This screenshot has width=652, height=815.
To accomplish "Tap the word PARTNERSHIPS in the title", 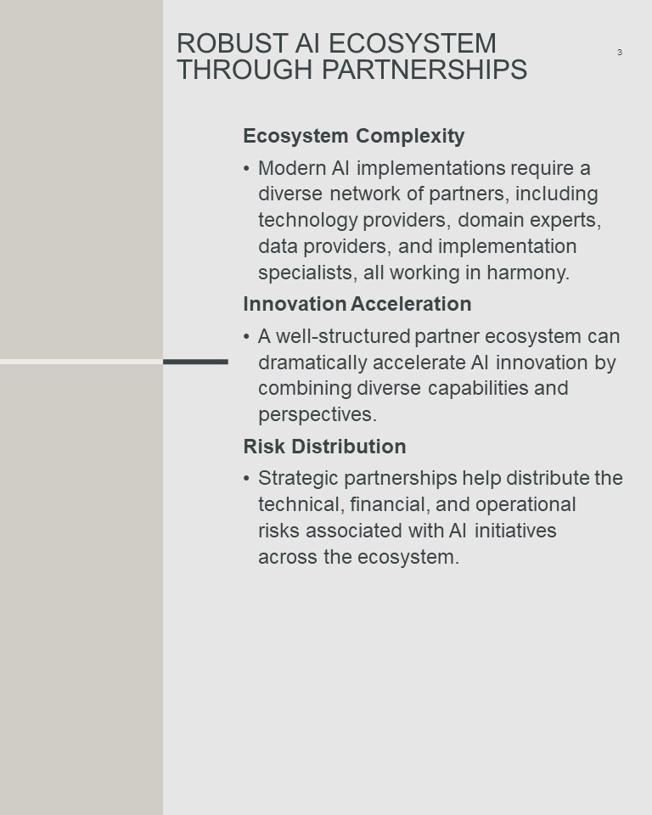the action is [x=424, y=70].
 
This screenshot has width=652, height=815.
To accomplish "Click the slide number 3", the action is [x=619, y=52].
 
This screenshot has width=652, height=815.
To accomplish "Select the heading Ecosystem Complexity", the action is [x=353, y=136].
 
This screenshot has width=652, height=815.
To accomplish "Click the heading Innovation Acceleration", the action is [x=357, y=304].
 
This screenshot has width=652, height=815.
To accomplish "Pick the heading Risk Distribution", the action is [x=324, y=447].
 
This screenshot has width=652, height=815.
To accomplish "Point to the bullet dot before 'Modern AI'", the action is [x=246, y=168].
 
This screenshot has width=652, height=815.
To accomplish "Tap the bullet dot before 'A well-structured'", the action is [x=246, y=336].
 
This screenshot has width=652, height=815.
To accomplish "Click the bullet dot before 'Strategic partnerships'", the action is [x=246, y=478].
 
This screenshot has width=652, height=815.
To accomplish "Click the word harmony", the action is [x=528, y=273].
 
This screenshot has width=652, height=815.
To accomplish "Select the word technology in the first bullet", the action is [x=308, y=221].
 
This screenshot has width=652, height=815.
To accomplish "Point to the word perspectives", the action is [x=318, y=415].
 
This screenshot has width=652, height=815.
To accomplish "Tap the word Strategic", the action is [x=299, y=479].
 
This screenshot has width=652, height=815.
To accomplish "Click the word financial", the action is [x=389, y=504].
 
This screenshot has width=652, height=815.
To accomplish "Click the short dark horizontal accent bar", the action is [x=195, y=362].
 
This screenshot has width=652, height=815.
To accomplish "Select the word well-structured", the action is [x=343, y=336].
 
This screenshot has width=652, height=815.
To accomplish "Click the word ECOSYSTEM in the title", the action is [x=413, y=43].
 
